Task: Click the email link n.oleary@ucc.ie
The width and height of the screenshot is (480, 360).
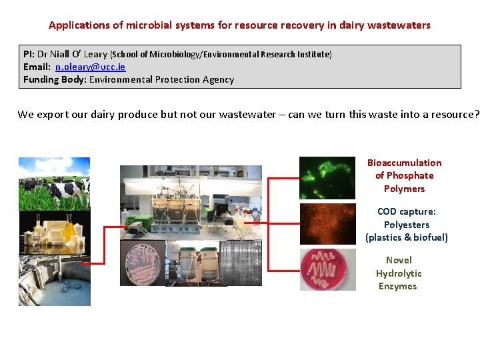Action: [90, 67]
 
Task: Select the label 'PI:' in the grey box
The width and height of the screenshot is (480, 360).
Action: [29, 54]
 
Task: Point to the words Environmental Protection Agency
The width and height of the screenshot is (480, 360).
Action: [161, 79]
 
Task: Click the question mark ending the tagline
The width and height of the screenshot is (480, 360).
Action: [476, 114]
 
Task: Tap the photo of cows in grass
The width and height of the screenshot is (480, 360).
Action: [54, 183]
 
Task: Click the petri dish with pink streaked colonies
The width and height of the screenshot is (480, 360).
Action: [142, 263]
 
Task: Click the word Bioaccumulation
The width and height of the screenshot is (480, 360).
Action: [404, 163]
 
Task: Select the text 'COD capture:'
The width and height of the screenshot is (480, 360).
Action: [406, 211]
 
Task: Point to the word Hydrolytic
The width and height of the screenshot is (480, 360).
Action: [398, 273]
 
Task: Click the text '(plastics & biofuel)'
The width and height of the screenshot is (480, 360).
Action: [406, 237]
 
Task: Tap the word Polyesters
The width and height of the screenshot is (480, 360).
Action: [406, 225]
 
